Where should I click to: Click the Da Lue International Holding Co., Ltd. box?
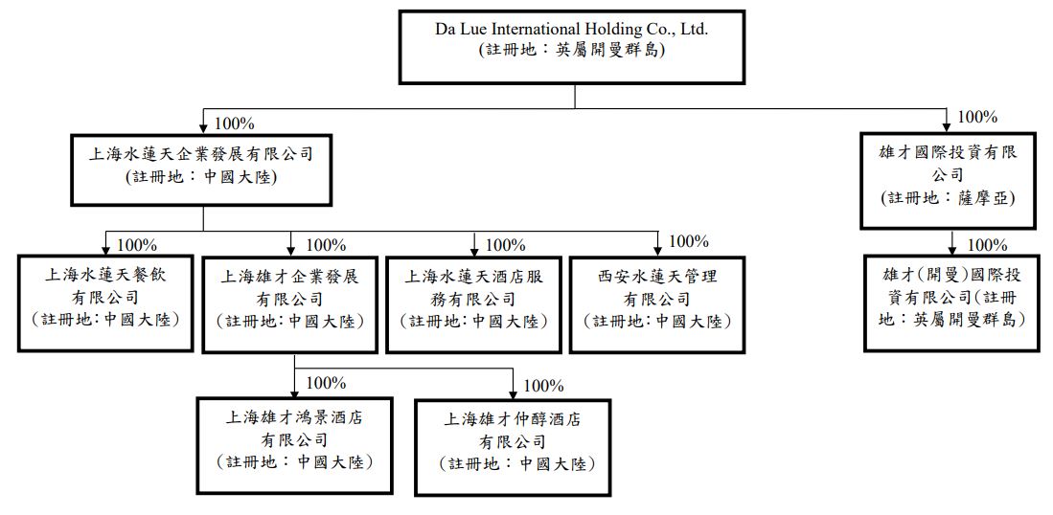571,45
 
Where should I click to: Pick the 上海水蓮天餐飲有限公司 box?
104,302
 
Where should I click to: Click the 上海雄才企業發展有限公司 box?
290,302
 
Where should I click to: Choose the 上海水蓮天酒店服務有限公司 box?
473,302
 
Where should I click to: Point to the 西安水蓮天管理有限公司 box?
657,302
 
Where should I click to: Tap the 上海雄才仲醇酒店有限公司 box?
513,446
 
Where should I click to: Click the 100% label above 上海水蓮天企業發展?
234,123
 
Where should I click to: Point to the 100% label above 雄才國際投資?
977,118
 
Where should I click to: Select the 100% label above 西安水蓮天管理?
688,241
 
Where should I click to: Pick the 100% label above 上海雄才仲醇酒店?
544,386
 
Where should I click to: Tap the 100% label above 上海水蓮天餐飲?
137,245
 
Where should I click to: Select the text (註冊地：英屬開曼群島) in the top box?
571,51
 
